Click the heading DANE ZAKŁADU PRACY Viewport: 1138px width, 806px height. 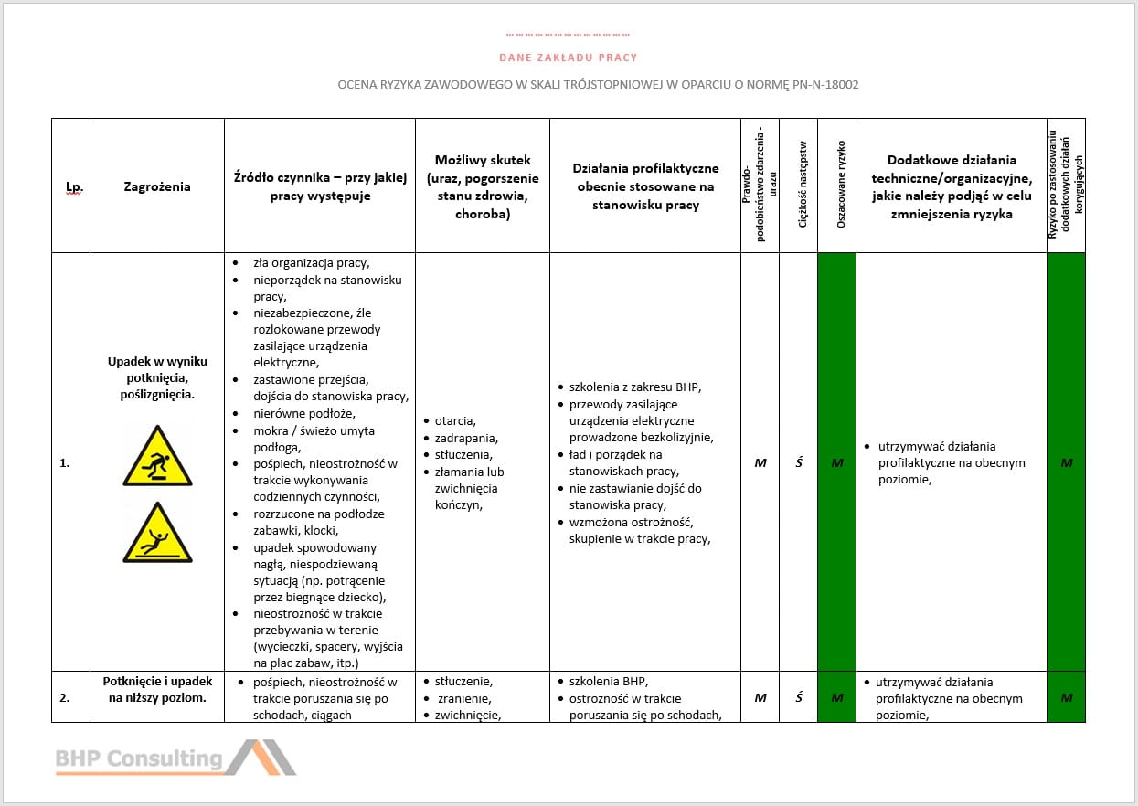[568, 58]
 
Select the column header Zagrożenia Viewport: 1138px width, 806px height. [157, 186]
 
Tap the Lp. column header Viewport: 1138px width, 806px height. [73, 187]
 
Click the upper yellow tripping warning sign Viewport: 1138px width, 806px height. [157, 456]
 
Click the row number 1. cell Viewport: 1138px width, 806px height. [65, 463]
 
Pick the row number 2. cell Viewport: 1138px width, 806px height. [65, 698]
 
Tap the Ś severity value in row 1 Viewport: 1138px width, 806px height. [798, 463]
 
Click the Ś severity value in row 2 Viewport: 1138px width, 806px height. [798, 698]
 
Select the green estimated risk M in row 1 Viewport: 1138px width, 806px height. [836, 463]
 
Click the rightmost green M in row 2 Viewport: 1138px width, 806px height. [1066, 698]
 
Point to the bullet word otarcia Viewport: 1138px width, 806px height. [455, 421]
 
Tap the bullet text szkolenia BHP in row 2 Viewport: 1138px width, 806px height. [608, 682]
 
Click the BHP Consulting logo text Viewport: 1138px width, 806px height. [139, 758]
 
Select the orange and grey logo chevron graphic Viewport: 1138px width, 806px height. [261, 758]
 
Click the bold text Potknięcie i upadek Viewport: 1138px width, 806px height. [157, 682]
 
